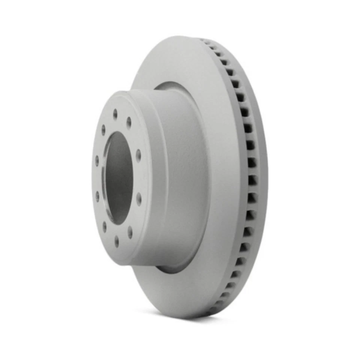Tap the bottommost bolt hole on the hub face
(117, 241)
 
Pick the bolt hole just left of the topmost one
(103, 130)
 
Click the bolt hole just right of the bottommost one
(130, 232)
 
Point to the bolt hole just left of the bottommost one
(104, 226)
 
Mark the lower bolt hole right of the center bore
(139, 199)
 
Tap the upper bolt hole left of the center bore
(97, 160)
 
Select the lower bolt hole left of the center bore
(97, 196)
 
